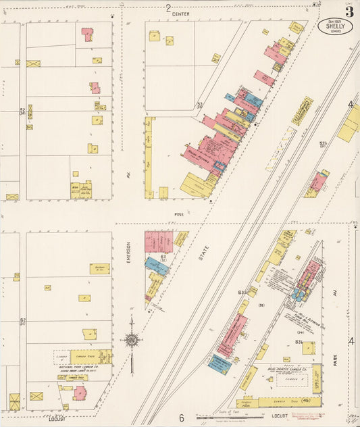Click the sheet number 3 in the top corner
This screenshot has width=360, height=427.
click(x=349, y=11)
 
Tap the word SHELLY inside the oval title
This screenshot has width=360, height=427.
click(x=336, y=27)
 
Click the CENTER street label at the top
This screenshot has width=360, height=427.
click(x=180, y=14)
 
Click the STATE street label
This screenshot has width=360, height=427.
click(x=204, y=253)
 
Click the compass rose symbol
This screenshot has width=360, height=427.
click(x=132, y=339)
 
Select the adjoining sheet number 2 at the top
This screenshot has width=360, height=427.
click(x=168, y=7)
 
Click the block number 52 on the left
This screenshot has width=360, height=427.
click(x=22, y=111)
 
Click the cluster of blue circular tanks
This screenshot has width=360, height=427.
click(x=298, y=295)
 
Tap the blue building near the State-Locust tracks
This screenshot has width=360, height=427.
click(x=220, y=364)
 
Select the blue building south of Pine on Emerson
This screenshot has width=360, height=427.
click(x=157, y=266)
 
